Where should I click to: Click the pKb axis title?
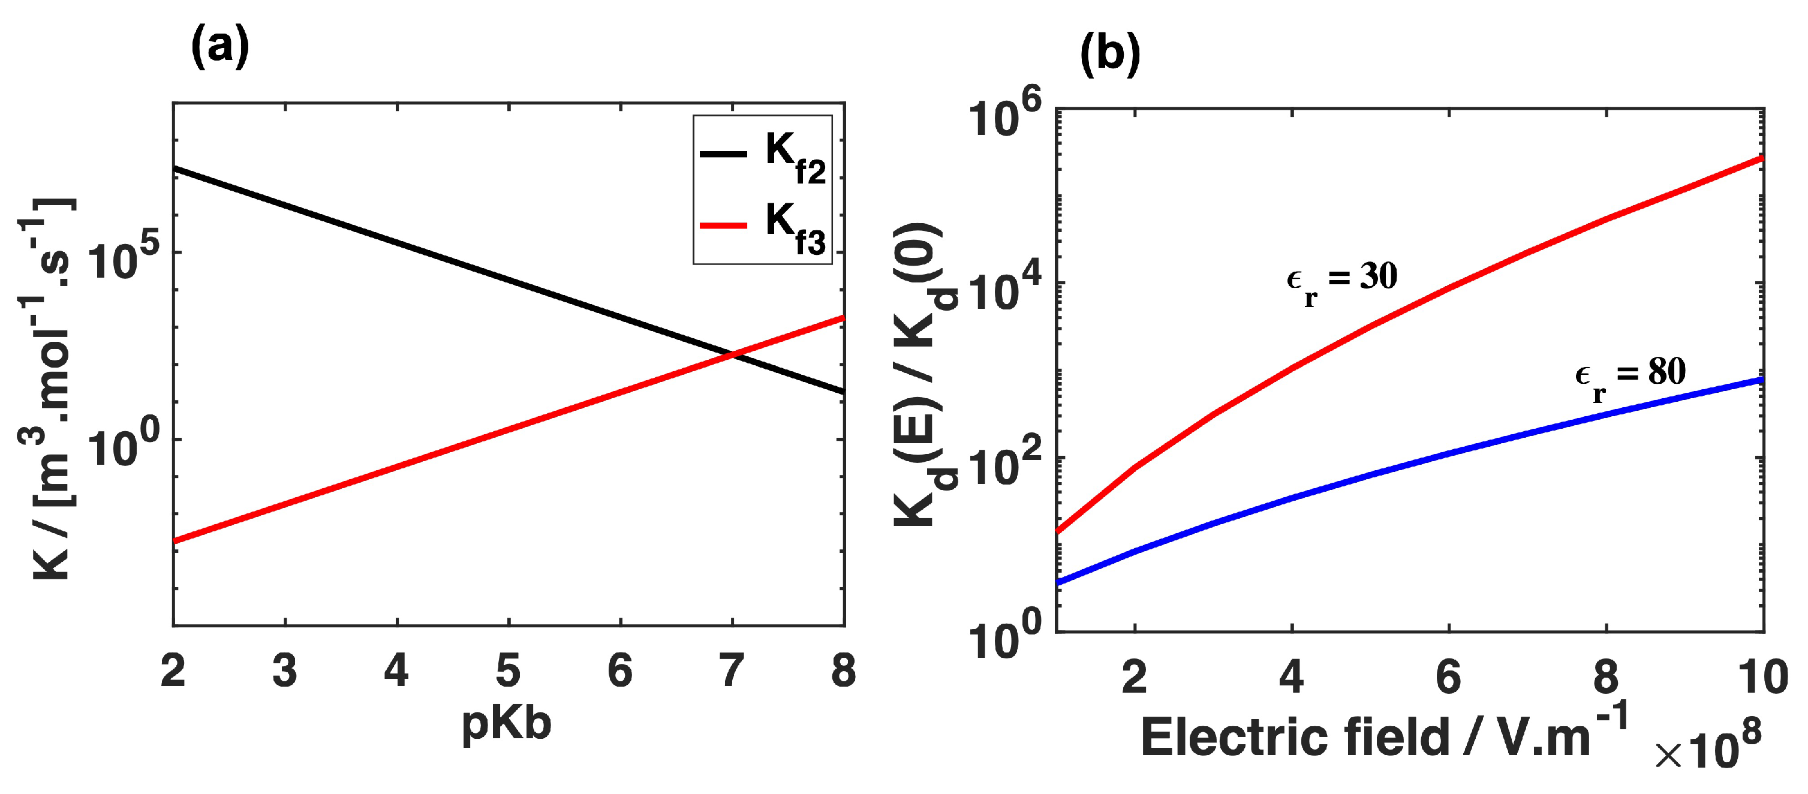(x=507, y=723)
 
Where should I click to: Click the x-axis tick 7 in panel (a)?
(x=732, y=670)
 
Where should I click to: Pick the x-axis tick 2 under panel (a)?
(x=173, y=670)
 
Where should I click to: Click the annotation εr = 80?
(x=1630, y=375)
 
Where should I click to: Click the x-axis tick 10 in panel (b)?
(x=1762, y=678)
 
